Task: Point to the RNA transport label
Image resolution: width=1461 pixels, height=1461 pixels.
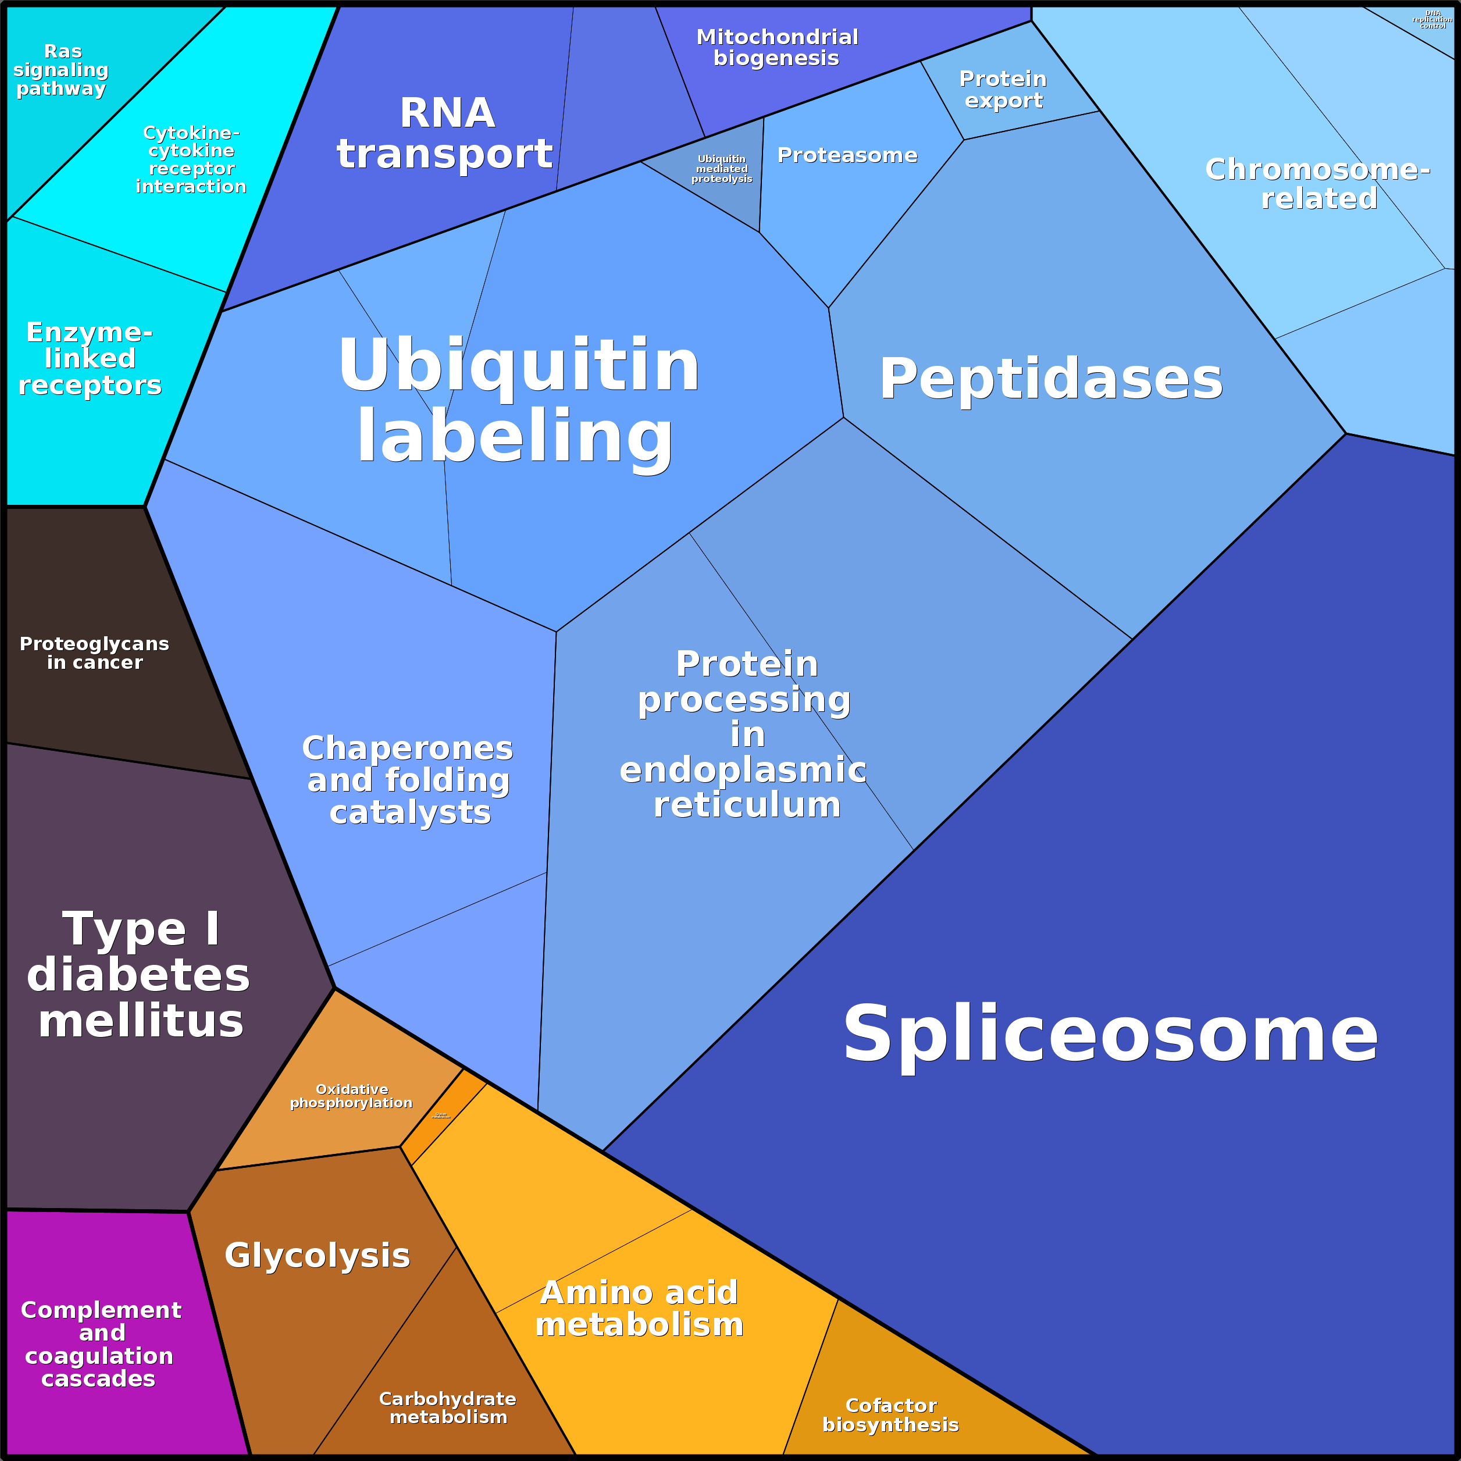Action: (446, 133)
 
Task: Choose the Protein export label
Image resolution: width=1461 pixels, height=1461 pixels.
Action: (1003, 89)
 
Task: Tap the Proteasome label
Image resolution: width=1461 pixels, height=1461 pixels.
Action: (847, 155)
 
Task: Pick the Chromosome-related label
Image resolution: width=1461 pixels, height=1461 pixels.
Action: (1317, 184)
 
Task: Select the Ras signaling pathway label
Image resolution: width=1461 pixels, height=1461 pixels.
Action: (62, 70)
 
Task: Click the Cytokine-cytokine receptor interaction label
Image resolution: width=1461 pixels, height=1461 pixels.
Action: (191, 159)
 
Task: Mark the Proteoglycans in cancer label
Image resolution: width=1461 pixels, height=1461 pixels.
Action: (95, 653)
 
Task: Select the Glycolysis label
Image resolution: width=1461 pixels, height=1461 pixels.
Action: (317, 1255)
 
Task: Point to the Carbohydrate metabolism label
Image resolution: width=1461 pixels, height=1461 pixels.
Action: (448, 1407)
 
